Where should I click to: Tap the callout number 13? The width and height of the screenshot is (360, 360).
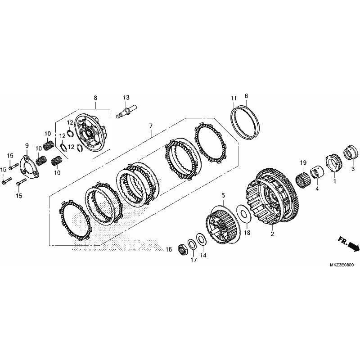tap(126, 97)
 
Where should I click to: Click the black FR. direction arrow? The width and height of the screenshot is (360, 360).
tap(348, 244)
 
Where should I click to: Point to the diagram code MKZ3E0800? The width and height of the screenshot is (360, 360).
tap(342, 265)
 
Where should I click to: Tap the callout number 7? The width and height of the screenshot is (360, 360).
tap(151, 126)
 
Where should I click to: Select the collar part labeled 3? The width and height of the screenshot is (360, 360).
tap(351, 152)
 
